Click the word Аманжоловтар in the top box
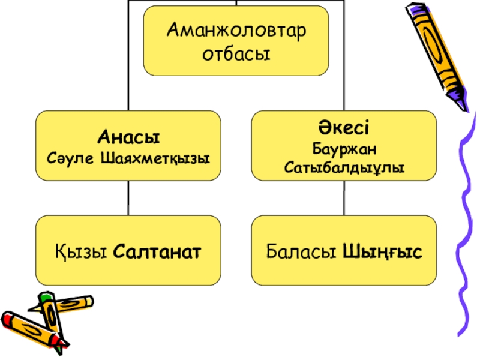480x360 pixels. (x=236, y=29)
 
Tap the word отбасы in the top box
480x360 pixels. (x=236, y=53)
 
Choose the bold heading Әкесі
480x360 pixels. (x=344, y=128)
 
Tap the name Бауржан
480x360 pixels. (x=344, y=147)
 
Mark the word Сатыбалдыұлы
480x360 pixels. (x=344, y=164)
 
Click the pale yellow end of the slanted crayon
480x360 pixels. (x=87, y=299)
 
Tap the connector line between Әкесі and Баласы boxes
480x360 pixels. (x=344, y=199)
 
